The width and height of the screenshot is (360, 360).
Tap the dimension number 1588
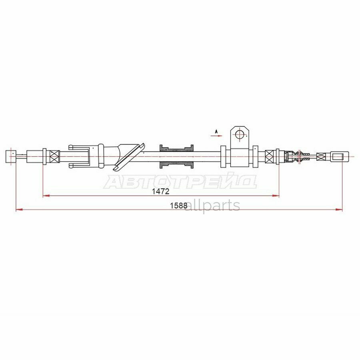point(178,206)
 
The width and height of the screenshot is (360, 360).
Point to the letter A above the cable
point(216,131)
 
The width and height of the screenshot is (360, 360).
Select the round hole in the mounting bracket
point(240,134)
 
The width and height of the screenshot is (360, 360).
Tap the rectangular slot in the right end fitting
point(338,156)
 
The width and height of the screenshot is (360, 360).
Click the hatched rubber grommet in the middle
point(177,156)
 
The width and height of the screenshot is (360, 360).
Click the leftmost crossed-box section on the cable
point(54,156)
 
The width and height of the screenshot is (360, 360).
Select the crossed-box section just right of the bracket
point(271,156)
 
